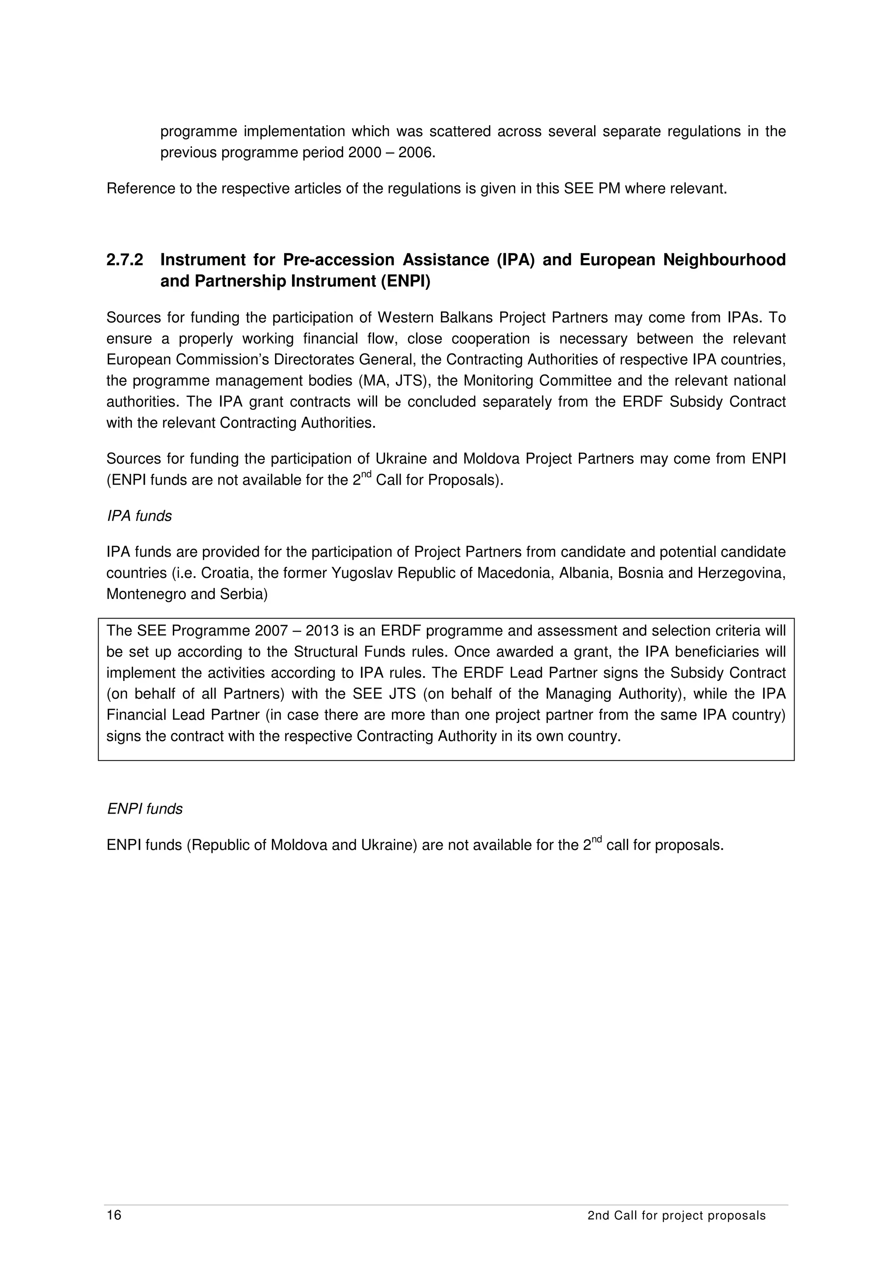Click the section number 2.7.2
pyautogui.click(x=124, y=260)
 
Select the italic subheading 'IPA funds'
pyautogui.click(x=139, y=516)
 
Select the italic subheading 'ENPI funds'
pyautogui.click(x=144, y=809)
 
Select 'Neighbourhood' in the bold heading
pyautogui.click(x=724, y=260)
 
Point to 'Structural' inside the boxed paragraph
pyautogui.click(x=327, y=652)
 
